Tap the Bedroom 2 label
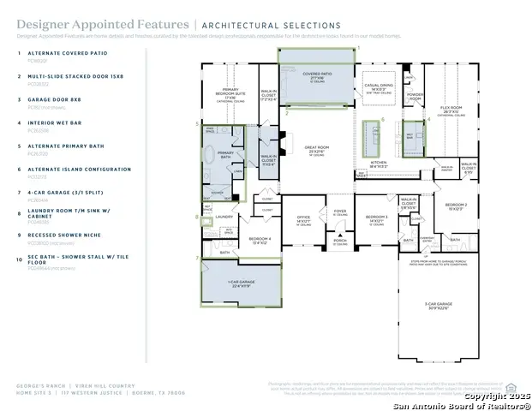click(x=456, y=206)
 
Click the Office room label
click(x=303, y=218)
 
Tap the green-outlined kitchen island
click(x=373, y=135)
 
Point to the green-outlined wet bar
click(x=410, y=135)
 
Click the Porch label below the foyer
click(x=341, y=241)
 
